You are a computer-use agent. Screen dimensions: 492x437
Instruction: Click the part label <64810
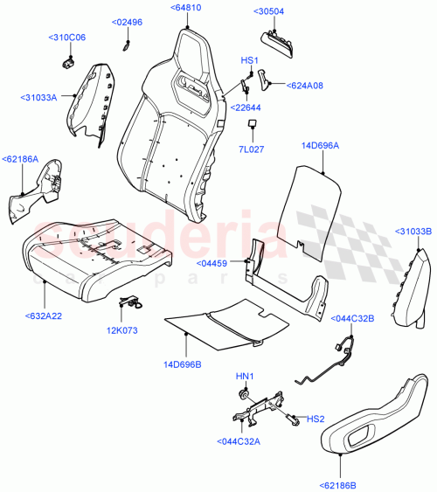coord(186,7)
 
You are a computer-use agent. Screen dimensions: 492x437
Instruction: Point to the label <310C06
coord(67,38)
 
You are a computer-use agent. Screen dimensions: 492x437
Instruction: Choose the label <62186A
coord(21,159)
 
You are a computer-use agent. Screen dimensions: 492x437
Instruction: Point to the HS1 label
coord(249,60)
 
